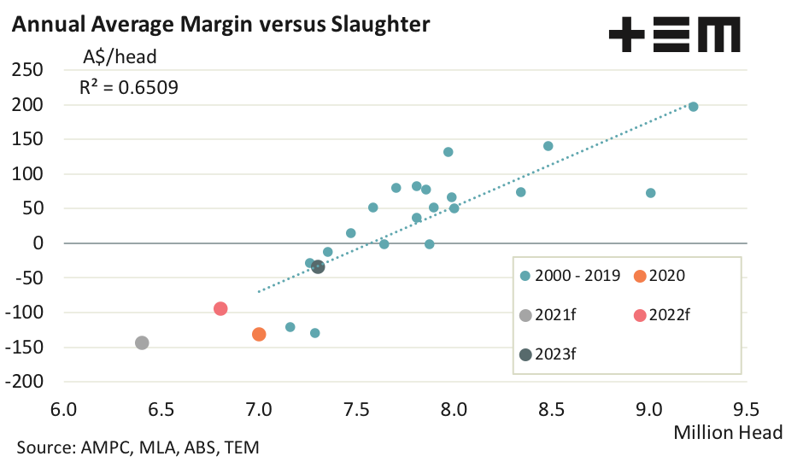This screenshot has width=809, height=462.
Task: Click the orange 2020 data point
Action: tap(259, 334)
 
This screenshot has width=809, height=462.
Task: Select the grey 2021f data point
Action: tap(142, 342)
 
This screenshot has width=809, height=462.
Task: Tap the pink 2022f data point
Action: tap(220, 308)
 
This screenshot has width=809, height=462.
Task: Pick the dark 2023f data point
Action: tap(318, 267)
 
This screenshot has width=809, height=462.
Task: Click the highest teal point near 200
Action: tap(694, 107)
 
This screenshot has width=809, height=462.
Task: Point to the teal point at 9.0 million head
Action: tap(651, 193)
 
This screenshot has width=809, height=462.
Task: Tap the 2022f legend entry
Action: tap(663, 314)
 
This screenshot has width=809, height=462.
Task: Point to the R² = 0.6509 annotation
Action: tap(129, 86)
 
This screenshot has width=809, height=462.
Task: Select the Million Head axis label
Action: tap(728, 432)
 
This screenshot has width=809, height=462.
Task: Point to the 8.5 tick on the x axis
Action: tap(551, 409)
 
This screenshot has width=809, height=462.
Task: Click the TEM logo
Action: tap(674, 37)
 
